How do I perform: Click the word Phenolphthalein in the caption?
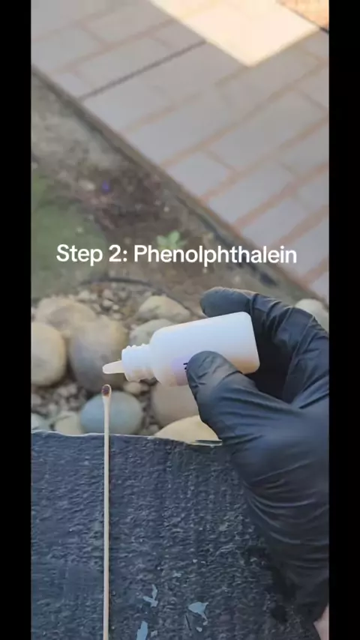pos(215,255)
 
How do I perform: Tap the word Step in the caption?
pos(79,254)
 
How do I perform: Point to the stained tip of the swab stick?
pos(106,390)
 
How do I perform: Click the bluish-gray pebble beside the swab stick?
pos(111,413)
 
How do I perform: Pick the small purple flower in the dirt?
pos(106,187)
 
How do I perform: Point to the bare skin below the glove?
pos(322,629)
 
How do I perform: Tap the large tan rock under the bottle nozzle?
pos(97,351)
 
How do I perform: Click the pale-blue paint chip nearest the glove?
pos(199,609)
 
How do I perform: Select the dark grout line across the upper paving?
pos(143,70)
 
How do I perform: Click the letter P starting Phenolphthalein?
pos(141,253)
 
